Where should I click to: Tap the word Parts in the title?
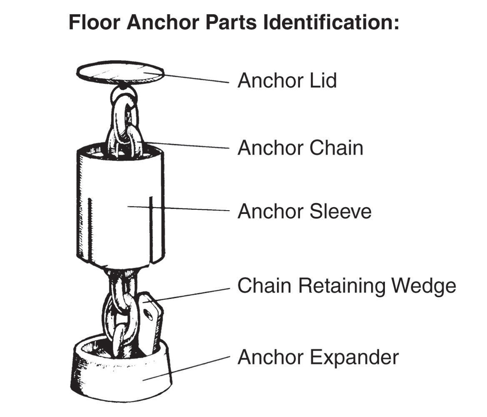pos(236,22)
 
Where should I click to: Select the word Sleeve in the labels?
pos(341,211)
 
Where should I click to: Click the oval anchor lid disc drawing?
pos(120,72)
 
